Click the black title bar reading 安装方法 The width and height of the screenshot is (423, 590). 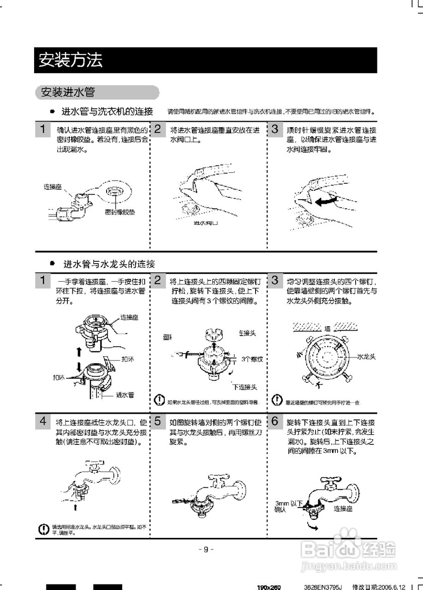(x=205, y=60)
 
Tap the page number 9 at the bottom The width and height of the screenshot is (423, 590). (x=206, y=549)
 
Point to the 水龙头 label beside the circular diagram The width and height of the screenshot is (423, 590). (x=367, y=357)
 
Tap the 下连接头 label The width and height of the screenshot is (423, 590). (x=245, y=387)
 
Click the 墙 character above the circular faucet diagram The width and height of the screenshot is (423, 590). (x=328, y=329)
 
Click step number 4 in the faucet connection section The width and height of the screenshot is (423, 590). (x=43, y=421)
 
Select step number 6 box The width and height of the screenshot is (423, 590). (x=275, y=421)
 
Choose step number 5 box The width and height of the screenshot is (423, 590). (x=158, y=421)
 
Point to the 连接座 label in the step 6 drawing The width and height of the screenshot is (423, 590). (x=343, y=509)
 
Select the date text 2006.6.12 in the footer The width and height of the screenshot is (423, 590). (x=393, y=587)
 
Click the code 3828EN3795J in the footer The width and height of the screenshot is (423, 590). (x=323, y=587)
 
